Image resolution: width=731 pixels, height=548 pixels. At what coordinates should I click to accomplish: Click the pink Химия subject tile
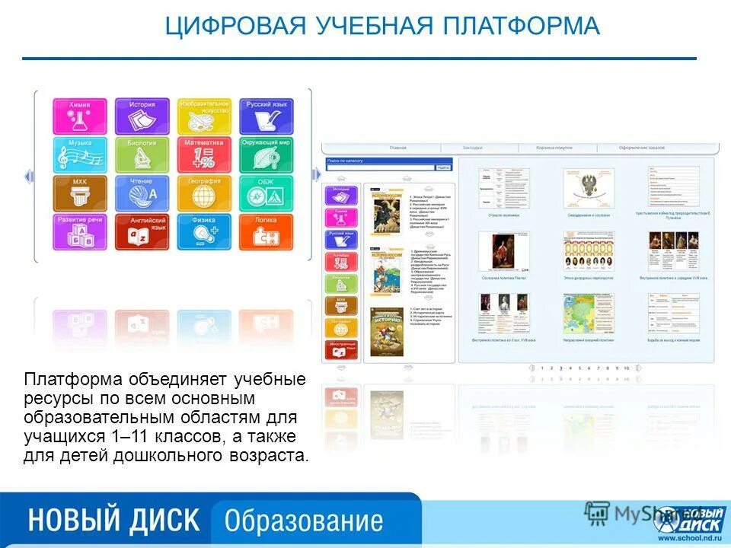click(80, 116)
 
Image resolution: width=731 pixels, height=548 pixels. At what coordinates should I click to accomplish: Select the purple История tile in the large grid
click(142, 116)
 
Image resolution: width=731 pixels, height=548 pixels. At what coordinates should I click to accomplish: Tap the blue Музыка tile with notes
click(80, 155)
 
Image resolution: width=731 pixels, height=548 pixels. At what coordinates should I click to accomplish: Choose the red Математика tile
click(204, 155)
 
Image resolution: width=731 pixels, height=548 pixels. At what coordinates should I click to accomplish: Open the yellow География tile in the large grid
click(204, 193)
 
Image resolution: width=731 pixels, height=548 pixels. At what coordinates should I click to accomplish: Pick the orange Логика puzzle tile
click(266, 232)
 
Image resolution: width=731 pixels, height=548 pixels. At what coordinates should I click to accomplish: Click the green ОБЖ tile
click(266, 193)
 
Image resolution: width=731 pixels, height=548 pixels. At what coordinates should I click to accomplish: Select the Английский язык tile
click(142, 232)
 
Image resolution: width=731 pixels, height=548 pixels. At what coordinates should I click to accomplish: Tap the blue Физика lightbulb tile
click(204, 232)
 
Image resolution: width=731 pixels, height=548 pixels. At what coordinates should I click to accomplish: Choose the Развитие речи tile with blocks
click(80, 232)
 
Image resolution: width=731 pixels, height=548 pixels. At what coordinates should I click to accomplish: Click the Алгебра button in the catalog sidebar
click(340, 261)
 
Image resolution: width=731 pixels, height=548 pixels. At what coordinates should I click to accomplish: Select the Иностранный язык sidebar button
click(340, 349)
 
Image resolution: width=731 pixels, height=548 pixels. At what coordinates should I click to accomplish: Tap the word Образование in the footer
click(303, 521)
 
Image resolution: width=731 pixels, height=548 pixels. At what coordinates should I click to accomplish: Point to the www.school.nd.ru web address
click(688, 539)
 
